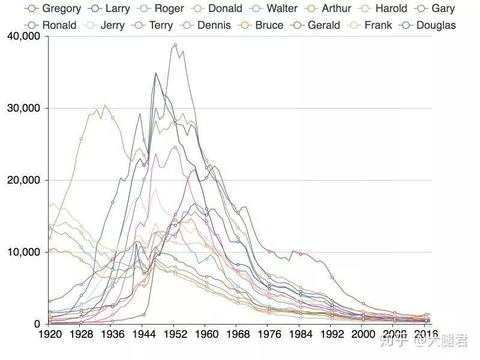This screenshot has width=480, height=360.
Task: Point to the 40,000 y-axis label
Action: [23, 36]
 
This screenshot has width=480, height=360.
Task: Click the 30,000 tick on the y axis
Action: [23, 108]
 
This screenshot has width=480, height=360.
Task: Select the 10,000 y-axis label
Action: [23, 252]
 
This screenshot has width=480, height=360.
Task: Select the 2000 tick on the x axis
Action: [363, 334]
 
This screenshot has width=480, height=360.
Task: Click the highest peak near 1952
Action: [175, 44]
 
